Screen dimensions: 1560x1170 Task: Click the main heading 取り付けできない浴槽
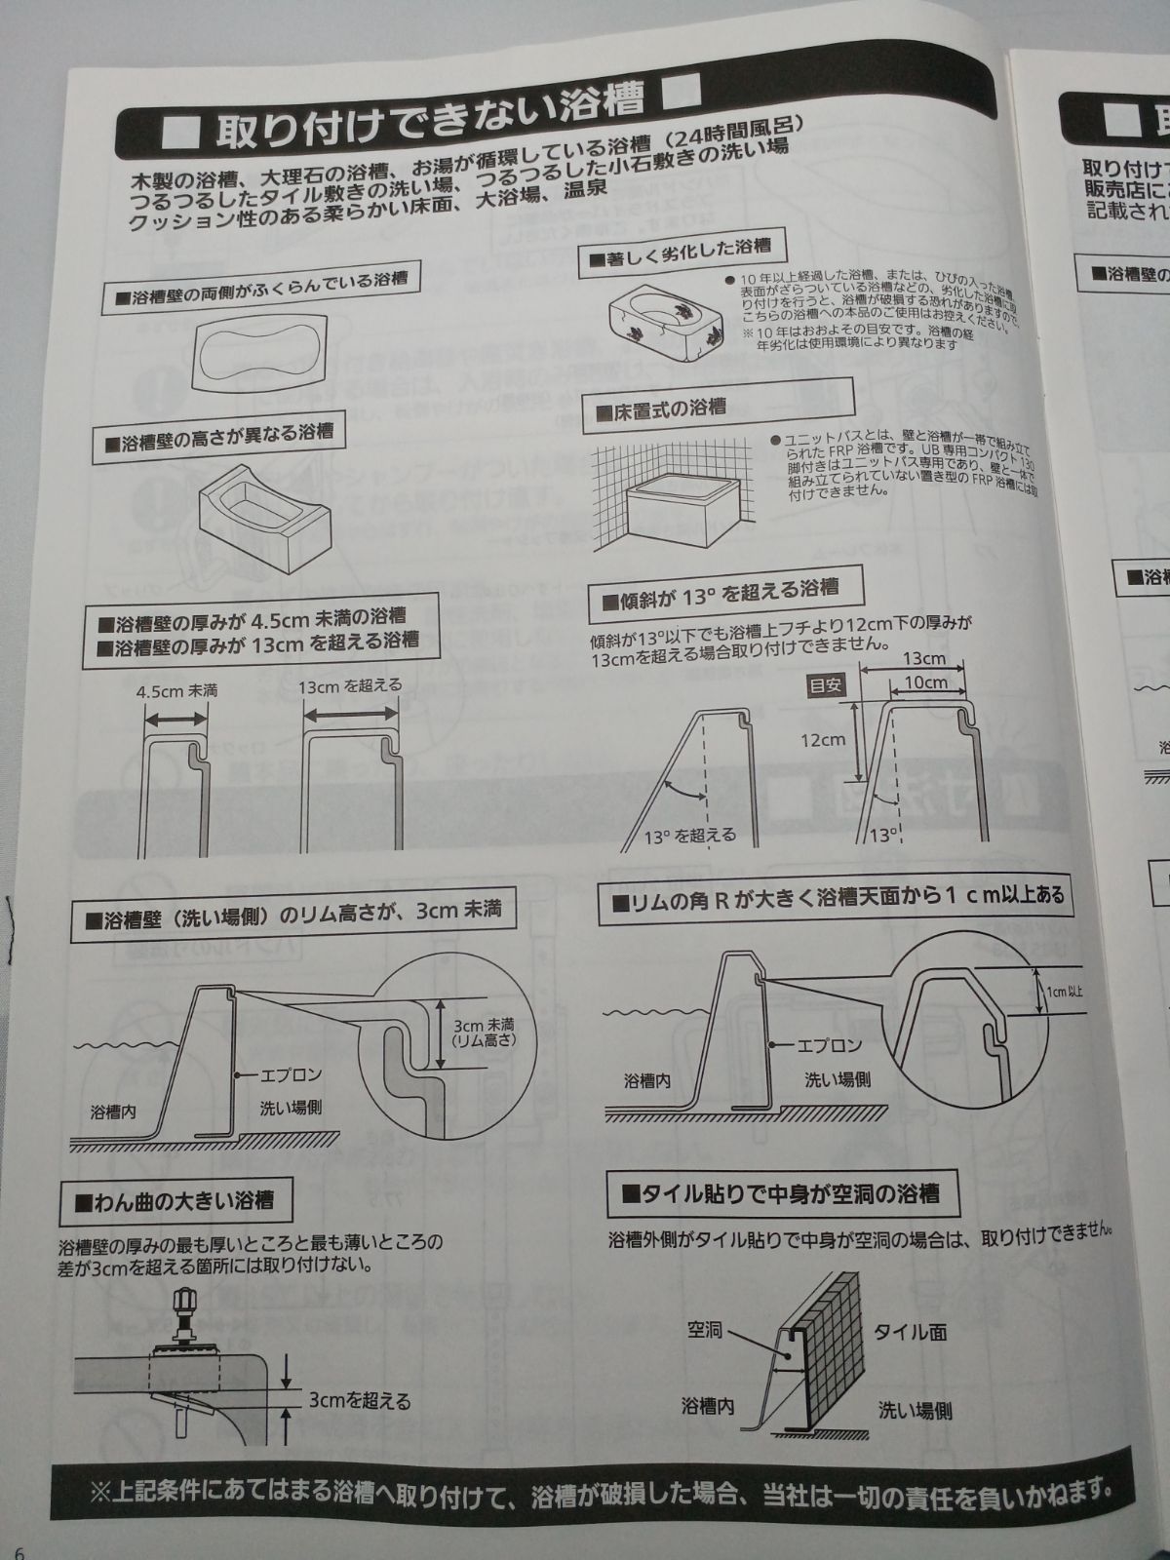click(429, 113)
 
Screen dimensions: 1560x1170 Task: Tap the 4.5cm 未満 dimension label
click(176, 690)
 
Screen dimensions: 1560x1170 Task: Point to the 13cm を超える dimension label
click(349, 685)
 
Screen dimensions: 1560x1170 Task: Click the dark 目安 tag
click(826, 684)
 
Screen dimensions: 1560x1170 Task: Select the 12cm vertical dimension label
click(822, 739)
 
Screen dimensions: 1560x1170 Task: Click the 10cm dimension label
click(925, 682)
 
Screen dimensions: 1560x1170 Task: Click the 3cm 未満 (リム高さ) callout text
click(484, 1033)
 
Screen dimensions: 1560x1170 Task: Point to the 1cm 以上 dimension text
click(1065, 991)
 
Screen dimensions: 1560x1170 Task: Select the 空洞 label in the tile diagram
click(704, 1329)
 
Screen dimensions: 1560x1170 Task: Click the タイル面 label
click(909, 1332)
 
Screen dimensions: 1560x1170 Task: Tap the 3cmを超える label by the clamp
click(359, 1401)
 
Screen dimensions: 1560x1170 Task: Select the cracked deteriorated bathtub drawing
click(665, 320)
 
